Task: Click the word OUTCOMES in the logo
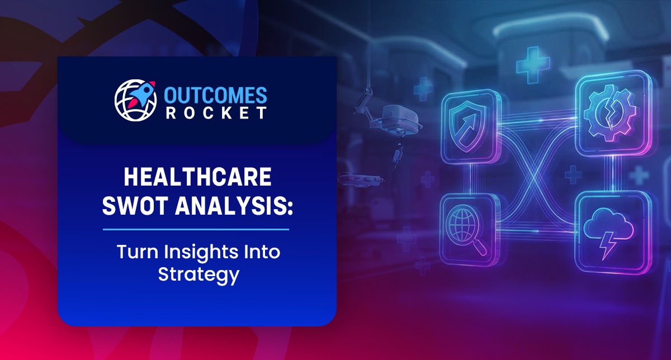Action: [216, 94]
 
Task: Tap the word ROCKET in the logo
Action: [216, 112]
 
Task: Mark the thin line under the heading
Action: [196, 229]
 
